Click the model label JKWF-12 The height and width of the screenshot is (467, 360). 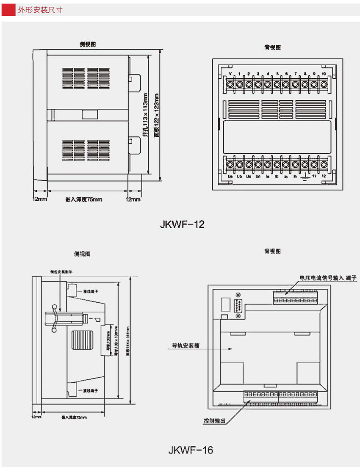[x=182, y=224]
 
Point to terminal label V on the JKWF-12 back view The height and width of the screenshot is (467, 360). [x=230, y=74]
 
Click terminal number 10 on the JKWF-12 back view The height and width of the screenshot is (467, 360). [x=324, y=74]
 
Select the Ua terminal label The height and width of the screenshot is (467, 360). [x=230, y=176]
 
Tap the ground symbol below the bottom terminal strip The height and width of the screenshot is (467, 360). [x=304, y=177]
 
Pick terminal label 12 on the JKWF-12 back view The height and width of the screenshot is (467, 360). [x=324, y=176]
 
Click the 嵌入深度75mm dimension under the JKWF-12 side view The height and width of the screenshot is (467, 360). [x=84, y=199]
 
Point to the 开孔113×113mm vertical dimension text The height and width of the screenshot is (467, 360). [x=145, y=115]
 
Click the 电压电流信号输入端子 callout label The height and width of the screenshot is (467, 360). [x=328, y=278]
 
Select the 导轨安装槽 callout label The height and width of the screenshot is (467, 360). [x=186, y=345]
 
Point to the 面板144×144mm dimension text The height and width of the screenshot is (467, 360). [x=128, y=341]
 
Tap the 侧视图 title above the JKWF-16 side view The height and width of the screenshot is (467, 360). [x=82, y=254]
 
